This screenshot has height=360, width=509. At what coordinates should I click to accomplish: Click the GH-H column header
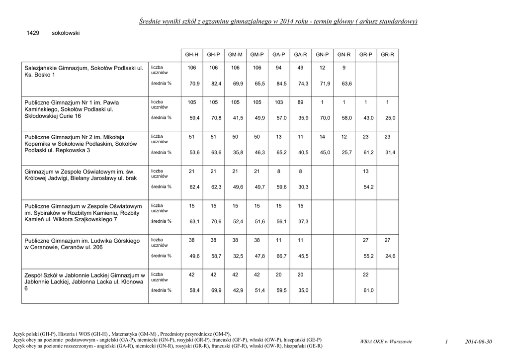191,55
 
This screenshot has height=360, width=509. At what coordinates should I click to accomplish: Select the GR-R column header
387,55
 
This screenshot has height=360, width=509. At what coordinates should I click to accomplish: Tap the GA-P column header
278,55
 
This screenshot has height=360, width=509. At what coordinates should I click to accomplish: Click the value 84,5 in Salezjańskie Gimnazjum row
281,84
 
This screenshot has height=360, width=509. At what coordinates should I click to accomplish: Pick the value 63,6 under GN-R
346,84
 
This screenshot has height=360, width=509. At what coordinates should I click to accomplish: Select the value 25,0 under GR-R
390,118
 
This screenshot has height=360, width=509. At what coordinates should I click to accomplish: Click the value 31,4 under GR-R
390,153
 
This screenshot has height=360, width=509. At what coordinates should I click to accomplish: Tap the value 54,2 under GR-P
368,187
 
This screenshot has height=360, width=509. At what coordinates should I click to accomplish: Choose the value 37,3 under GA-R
303,221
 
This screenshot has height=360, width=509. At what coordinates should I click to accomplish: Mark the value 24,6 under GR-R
390,256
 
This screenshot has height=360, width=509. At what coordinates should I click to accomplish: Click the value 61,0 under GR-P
368,290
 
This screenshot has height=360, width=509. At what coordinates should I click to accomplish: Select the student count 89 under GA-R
300,102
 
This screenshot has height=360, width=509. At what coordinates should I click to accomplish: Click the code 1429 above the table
33,33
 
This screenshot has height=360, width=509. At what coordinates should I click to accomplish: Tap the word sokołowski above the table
66,33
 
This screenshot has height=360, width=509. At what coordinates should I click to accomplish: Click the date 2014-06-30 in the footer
479,342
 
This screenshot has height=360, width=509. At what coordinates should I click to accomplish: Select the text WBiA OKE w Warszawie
386,342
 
